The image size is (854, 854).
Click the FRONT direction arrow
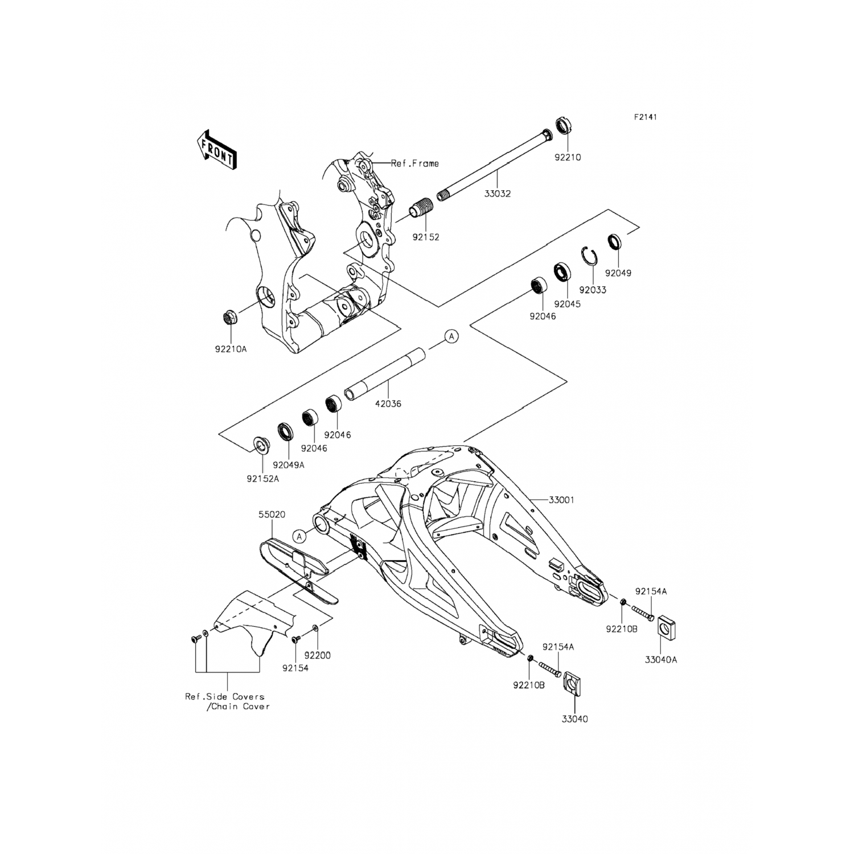pyautogui.click(x=216, y=149)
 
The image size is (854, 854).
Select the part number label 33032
pyautogui.click(x=498, y=194)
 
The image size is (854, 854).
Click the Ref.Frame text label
pyautogui.click(x=414, y=163)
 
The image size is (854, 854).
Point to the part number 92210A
pyautogui.click(x=231, y=349)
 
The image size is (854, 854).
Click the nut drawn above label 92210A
pyautogui.click(x=230, y=317)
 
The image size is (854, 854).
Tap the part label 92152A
pyautogui.click(x=262, y=479)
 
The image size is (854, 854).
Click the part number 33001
pyautogui.click(x=561, y=500)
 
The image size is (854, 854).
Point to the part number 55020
pyautogui.click(x=272, y=514)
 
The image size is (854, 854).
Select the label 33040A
pyautogui.click(x=660, y=660)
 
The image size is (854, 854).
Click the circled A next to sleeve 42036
pyautogui.click(x=451, y=337)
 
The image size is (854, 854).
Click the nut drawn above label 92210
pyautogui.click(x=564, y=125)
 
